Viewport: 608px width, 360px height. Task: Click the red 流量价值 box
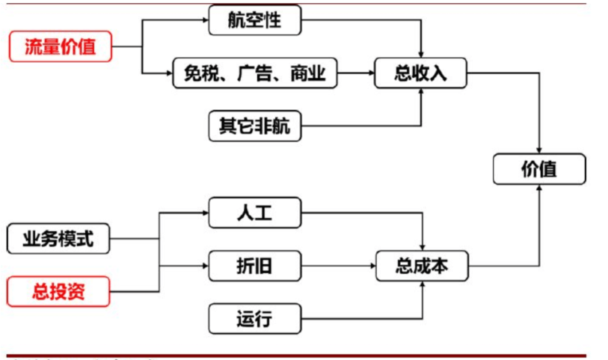pyautogui.click(x=60, y=47)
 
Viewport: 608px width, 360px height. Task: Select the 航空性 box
pyautogui.click(x=254, y=19)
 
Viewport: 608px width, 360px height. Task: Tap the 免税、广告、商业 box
pyautogui.click(x=254, y=73)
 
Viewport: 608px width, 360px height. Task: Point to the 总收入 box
pyautogui.click(x=420, y=73)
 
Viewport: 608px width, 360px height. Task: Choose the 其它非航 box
pyautogui.click(x=254, y=126)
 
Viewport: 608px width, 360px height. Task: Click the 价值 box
pyautogui.click(x=539, y=169)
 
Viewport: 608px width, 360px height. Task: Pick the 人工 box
pyautogui.click(x=254, y=213)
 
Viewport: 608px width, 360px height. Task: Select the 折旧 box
pyautogui.click(x=254, y=266)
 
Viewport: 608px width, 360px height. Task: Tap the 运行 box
pyautogui.click(x=254, y=319)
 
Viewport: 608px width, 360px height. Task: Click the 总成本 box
pyautogui.click(x=421, y=266)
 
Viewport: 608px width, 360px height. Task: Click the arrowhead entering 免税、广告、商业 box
pyautogui.click(x=169, y=73)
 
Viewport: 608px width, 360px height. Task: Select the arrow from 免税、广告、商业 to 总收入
pyautogui.click(x=355, y=73)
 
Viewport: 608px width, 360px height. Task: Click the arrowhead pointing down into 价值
pyautogui.click(x=539, y=150)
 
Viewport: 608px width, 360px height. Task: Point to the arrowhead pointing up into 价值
pyautogui.click(x=539, y=189)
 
